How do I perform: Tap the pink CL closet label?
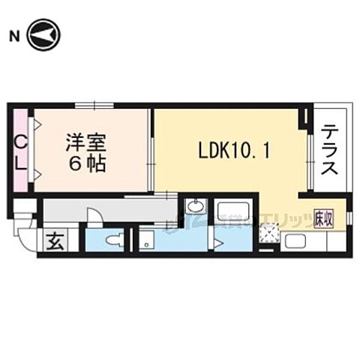pos(21,152)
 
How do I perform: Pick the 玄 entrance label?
pos(54,241)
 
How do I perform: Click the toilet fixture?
pos(112,240)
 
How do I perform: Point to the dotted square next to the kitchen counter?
pos(266,235)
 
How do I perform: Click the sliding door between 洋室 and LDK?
pos(152,161)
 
